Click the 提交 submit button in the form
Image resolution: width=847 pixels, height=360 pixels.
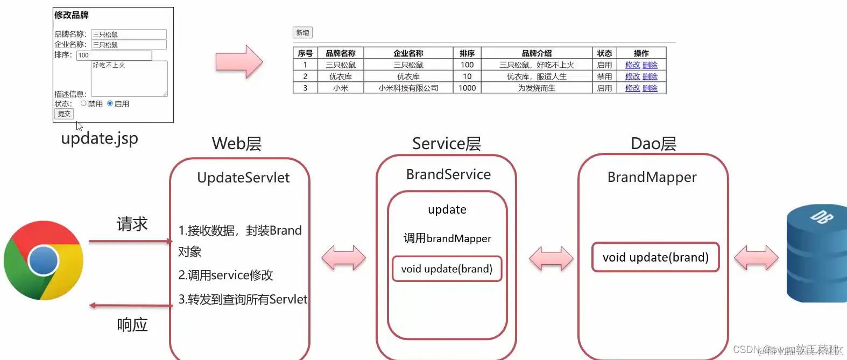(x=64, y=114)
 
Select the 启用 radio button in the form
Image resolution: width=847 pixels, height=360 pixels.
(x=110, y=103)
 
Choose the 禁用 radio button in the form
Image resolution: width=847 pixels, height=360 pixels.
(x=83, y=103)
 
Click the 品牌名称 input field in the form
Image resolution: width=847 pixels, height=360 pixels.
(x=129, y=34)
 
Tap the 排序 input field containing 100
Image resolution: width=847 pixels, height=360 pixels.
(x=114, y=55)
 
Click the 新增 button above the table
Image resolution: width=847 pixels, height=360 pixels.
(x=302, y=33)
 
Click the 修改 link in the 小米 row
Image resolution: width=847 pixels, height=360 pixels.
(x=632, y=88)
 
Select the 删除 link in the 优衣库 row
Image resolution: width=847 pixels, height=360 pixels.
(x=650, y=76)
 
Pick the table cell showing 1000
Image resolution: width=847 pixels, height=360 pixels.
(x=467, y=88)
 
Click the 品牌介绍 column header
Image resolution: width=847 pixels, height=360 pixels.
(x=537, y=53)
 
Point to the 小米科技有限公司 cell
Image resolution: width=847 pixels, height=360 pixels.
(x=408, y=88)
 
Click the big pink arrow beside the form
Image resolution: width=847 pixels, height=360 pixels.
(x=239, y=62)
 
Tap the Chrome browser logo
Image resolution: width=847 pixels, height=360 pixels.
(x=44, y=260)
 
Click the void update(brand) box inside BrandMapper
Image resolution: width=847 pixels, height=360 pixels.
(x=655, y=257)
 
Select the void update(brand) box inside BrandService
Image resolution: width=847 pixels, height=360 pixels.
(x=447, y=269)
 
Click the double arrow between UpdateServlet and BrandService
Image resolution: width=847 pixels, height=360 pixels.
(x=343, y=258)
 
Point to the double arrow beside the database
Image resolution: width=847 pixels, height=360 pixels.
(x=756, y=258)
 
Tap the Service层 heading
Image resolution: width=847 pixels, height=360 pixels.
(x=447, y=144)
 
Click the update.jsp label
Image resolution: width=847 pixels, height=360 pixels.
(x=100, y=139)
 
